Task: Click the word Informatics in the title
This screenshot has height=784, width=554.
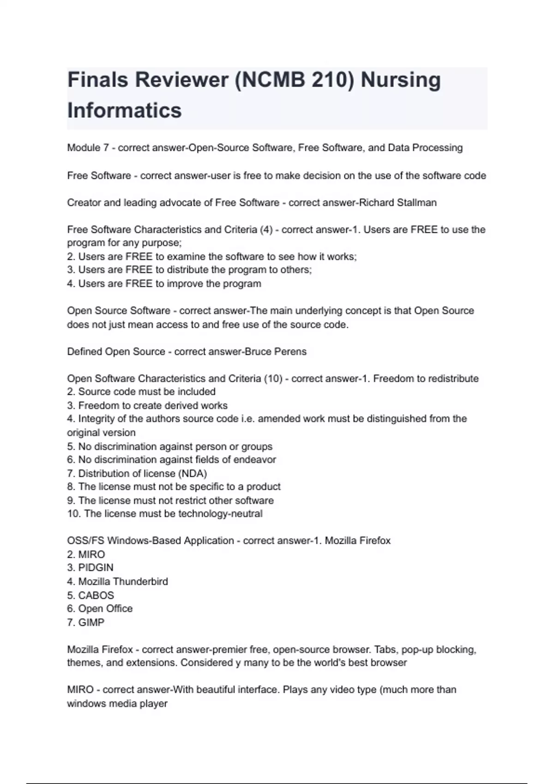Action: (124, 111)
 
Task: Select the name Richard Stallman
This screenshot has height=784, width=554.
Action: (397, 203)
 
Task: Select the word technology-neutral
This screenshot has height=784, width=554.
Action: (220, 514)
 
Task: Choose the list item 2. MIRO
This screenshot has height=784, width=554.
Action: (86, 554)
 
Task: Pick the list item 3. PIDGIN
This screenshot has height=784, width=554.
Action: (90, 568)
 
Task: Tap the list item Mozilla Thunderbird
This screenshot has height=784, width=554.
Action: (123, 582)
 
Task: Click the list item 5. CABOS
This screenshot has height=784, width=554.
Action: (90, 595)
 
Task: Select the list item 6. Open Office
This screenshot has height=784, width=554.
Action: (100, 609)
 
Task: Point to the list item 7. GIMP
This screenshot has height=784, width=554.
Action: (86, 623)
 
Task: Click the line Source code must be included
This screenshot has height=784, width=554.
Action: (146, 392)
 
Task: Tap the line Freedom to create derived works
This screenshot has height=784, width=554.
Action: (152, 406)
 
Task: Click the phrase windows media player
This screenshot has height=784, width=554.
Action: (117, 704)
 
